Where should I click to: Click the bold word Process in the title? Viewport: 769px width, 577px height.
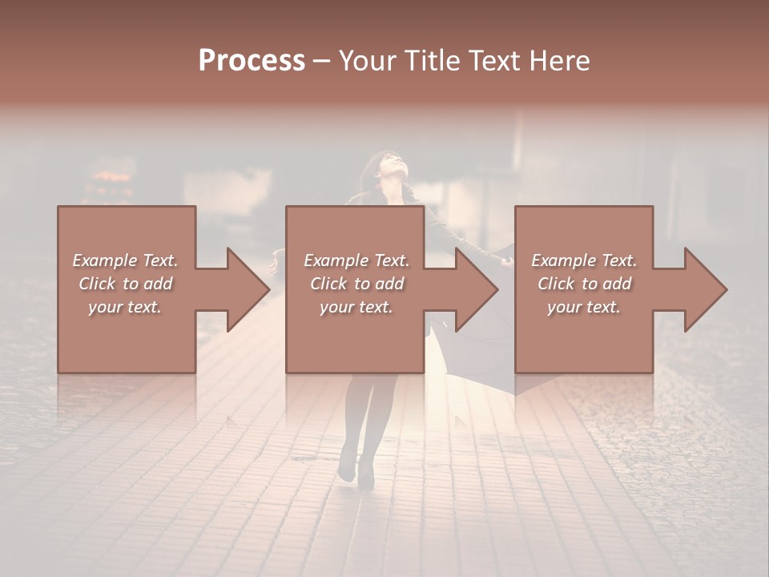(x=252, y=61)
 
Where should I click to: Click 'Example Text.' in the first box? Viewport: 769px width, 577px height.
(x=125, y=260)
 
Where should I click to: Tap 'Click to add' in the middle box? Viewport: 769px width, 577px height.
(x=356, y=284)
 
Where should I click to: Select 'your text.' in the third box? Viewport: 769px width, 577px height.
(x=583, y=307)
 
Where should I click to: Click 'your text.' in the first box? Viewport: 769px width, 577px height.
(x=125, y=307)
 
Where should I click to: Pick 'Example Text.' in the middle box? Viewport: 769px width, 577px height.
(x=356, y=260)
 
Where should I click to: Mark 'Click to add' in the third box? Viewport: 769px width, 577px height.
(x=584, y=284)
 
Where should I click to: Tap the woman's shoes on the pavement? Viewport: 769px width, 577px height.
(x=356, y=473)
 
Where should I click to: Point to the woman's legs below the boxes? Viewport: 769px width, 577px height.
(x=364, y=417)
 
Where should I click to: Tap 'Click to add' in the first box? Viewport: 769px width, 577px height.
(x=125, y=284)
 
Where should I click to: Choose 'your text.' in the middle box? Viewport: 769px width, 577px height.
(x=356, y=307)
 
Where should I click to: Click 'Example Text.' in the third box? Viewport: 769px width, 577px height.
(x=584, y=260)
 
